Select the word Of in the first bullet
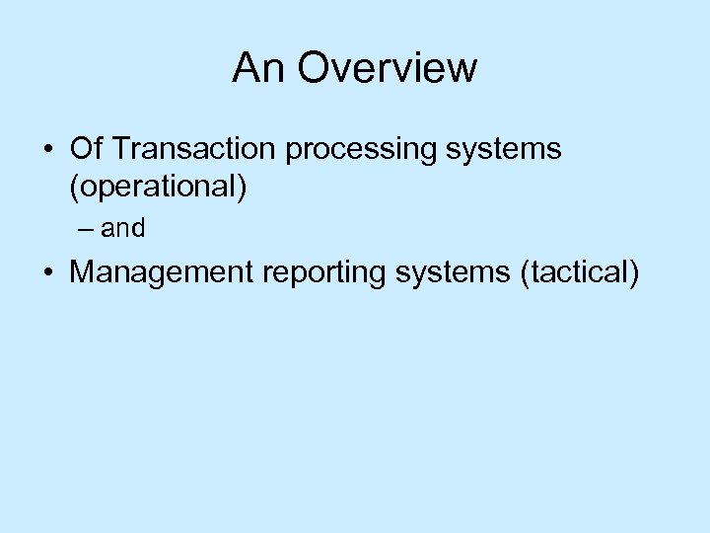click(86, 149)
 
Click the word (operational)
click(158, 188)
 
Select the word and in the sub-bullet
click(123, 229)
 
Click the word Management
click(162, 272)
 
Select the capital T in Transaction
click(120, 149)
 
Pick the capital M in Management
click(82, 272)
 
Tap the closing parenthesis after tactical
click(634, 273)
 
